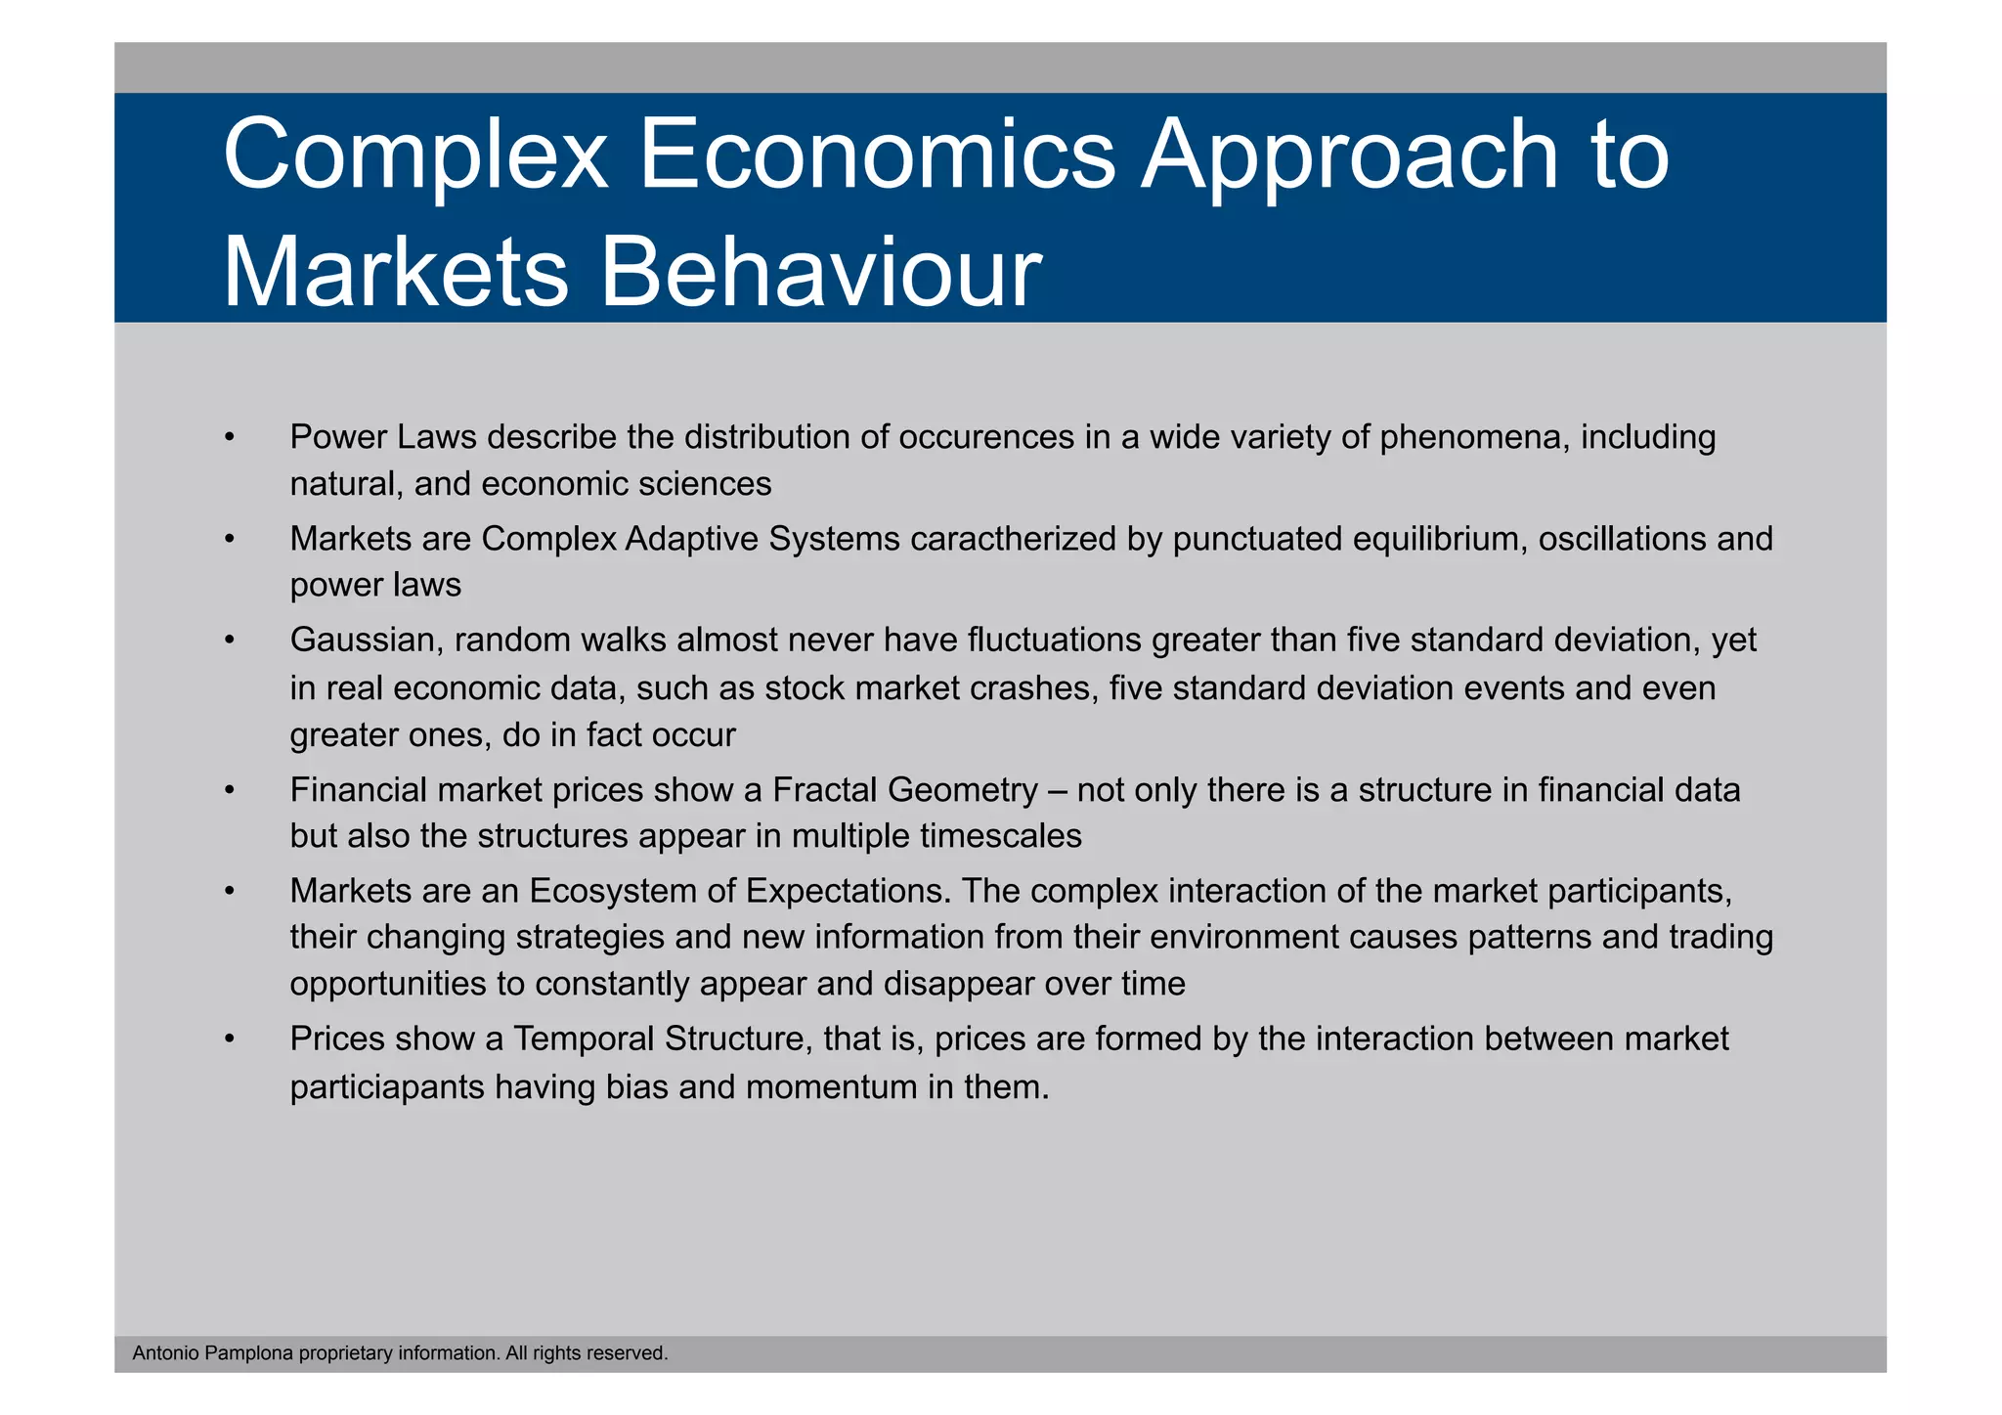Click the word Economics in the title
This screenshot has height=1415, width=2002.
click(x=876, y=155)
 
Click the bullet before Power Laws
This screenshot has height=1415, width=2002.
click(x=229, y=437)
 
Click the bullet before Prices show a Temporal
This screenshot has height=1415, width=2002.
click(x=229, y=1039)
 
